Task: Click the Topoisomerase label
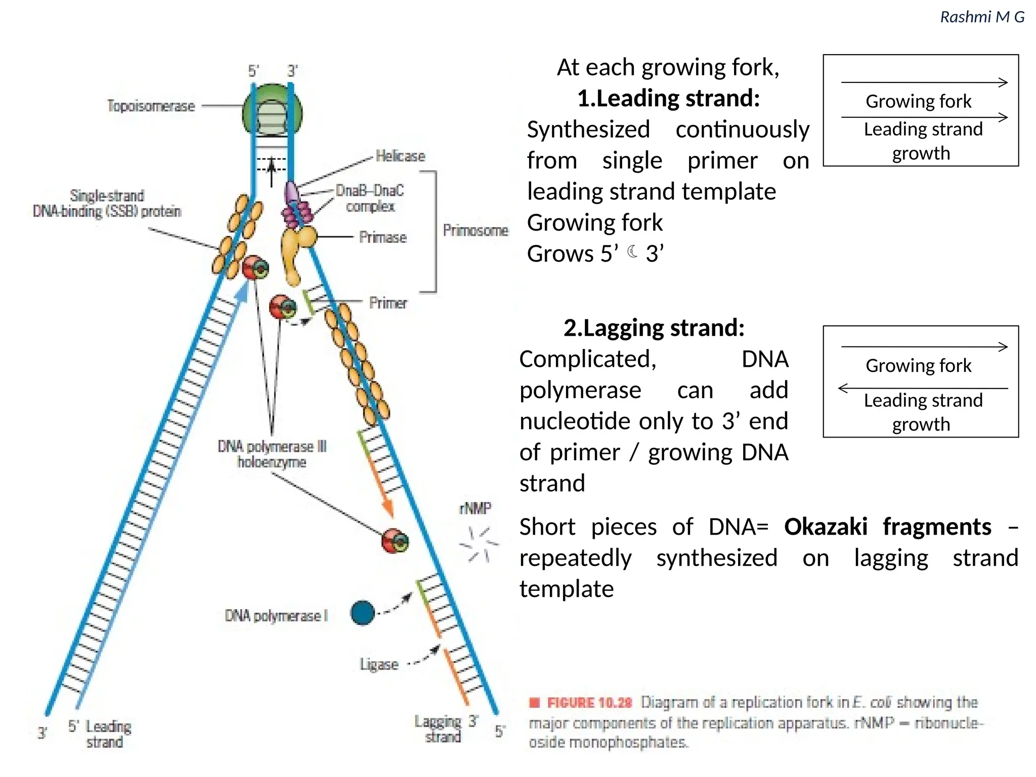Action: click(151, 106)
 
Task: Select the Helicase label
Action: click(400, 156)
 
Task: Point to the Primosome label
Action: click(476, 231)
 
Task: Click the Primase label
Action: click(383, 237)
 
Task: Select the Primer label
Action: click(388, 303)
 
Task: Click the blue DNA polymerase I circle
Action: click(362, 613)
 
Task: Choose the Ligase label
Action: click(379, 664)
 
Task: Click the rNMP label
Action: click(475, 508)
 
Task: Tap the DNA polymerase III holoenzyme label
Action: click(272, 454)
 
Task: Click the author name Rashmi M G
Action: click(982, 17)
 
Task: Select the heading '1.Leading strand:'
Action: click(668, 98)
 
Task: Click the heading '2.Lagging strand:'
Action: click(654, 328)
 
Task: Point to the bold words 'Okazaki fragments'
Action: click(887, 527)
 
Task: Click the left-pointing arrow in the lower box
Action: click(844, 388)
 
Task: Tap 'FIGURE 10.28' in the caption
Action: click(589, 703)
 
